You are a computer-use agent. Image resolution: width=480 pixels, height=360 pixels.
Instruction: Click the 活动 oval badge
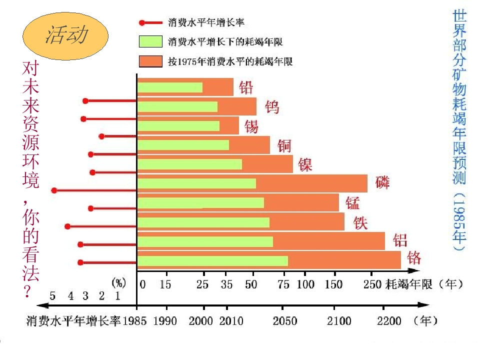tap(65, 35)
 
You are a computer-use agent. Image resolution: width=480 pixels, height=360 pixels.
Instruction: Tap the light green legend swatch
tap(151, 41)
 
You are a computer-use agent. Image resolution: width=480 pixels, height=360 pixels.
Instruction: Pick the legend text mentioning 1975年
tap(230, 61)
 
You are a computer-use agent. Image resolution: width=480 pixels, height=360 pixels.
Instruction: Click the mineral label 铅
tap(246, 87)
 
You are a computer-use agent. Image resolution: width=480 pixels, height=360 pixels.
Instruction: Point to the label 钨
tap(271, 107)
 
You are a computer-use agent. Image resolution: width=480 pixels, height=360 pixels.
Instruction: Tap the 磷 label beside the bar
tap(382, 182)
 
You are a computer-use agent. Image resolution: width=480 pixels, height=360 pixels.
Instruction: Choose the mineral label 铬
tap(414, 257)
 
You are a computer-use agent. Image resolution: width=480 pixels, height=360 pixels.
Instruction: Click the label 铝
tap(400, 239)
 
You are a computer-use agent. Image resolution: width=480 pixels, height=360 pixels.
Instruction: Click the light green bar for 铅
tap(170, 87)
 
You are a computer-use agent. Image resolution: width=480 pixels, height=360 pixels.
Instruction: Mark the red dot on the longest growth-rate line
tap(54, 190)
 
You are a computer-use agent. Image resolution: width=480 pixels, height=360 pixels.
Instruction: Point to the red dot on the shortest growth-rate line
tap(101, 136)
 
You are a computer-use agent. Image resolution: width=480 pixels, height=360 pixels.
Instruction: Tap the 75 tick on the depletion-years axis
tap(283, 285)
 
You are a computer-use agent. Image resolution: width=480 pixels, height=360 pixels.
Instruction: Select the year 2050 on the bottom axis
tap(284, 320)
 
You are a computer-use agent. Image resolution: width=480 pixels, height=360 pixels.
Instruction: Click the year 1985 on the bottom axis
tap(134, 320)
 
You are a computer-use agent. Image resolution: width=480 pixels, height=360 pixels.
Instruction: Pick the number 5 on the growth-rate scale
tap(53, 296)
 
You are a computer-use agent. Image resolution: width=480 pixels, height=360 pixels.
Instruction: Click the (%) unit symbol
tap(118, 282)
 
